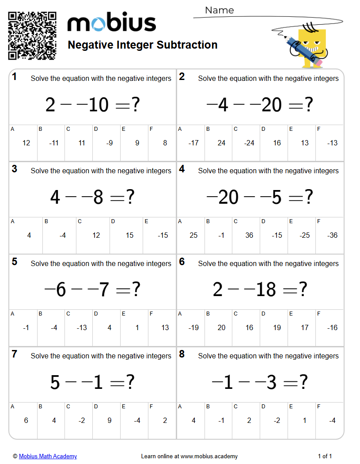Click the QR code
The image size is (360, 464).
point(32,36)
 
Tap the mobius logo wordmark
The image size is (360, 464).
point(112,23)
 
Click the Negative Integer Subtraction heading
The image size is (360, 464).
point(143,45)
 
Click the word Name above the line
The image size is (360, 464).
point(220,10)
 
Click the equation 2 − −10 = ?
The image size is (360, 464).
point(93,105)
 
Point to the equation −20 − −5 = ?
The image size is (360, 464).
point(260,197)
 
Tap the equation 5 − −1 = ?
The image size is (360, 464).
point(93,382)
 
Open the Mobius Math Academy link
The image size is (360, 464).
point(48,456)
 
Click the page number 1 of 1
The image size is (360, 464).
point(325,456)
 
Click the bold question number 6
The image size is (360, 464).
point(182,262)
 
